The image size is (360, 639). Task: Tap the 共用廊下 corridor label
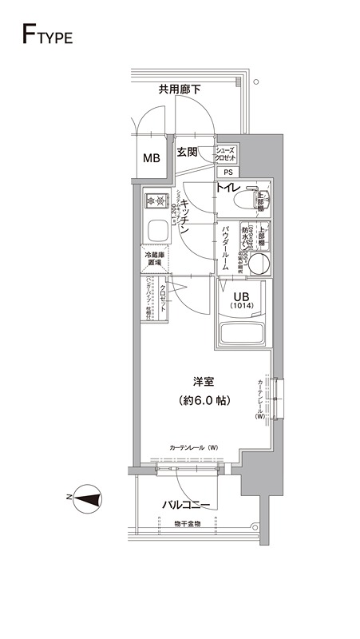[179, 89]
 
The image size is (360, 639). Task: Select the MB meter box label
[151, 158]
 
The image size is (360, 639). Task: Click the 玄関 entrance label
[187, 152]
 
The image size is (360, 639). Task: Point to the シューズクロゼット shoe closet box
[225, 153]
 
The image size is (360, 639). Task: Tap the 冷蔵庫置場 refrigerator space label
[153, 258]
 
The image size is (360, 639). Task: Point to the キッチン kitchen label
[182, 214]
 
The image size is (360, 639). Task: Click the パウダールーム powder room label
[226, 248]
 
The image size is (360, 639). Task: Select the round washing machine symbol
[258, 264]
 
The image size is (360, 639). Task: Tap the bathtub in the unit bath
[243, 335]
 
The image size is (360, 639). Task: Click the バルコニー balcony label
[186, 505]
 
